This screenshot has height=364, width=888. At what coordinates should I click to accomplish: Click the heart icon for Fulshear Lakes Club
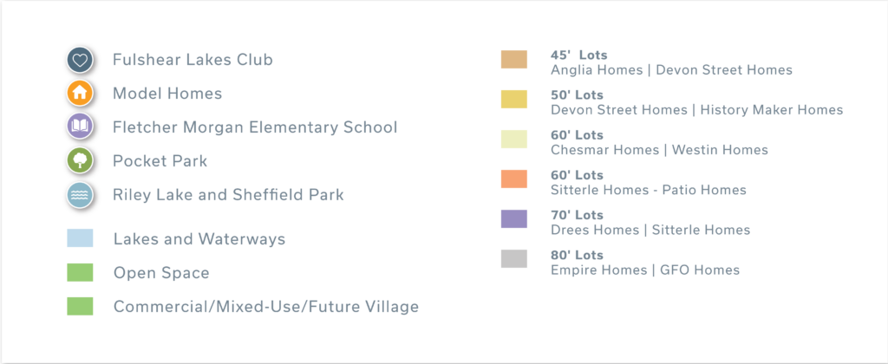pyautogui.click(x=80, y=60)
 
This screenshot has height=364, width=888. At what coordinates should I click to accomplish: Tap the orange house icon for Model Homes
pyautogui.click(x=80, y=93)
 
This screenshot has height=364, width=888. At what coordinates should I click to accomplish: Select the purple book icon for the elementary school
pyautogui.click(x=80, y=127)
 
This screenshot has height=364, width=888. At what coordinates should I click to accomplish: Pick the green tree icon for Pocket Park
pyautogui.click(x=80, y=160)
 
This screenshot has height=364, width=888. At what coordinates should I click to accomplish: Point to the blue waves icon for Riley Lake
pyautogui.click(x=80, y=194)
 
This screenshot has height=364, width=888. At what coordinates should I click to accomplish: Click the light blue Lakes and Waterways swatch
pyautogui.click(x=80, y=238)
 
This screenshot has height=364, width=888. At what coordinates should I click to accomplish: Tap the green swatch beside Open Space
pyautogui.click(x=80, y=272)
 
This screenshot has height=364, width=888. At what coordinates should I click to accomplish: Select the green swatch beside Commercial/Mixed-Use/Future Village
pyautogui.click(x=80, y=306)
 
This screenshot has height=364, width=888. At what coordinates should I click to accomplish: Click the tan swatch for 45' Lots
pyautogui.click(x=513, y=60)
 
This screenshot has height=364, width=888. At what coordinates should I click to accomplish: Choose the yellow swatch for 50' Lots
pyautogui.click(x=513, y=99)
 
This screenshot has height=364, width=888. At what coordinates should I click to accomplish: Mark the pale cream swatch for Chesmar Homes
pyautogui.click(x=513, y=140)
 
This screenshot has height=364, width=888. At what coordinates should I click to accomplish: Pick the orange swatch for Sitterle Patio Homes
pyautogui.click(x=513, y=179)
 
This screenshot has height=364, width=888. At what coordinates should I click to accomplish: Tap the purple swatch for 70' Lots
pyautogui.click(x=513, y=219)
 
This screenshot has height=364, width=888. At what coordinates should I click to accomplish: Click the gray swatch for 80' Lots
pyautogui.click(x=513, y=259)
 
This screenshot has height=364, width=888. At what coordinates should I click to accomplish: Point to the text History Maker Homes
pyautogui.click(x=772, y=110)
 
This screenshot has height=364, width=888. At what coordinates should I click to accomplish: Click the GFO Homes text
pyautogui.click(x=700, y=270)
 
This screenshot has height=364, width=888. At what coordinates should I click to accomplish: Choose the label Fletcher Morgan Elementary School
pyautogui.click(x=256, y=127)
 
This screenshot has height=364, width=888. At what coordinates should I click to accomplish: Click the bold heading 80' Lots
pyautogui.click(x=577, y=256)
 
